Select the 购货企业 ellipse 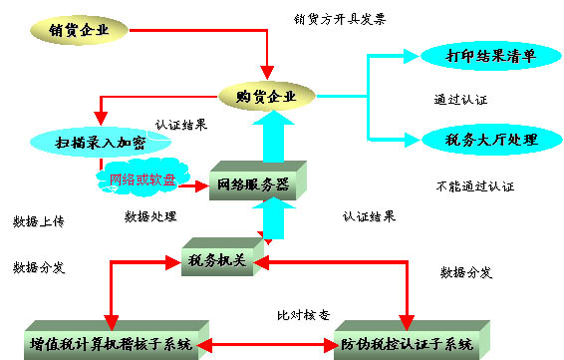click(x=264, y=96)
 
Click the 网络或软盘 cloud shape click(x=138, y=180)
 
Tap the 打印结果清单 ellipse click(x=477, y=55)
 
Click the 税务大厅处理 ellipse click(x=477, y=138)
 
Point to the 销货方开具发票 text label click(x=341, y=19)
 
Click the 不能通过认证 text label click(x=475, y=186)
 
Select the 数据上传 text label click(x=39, y=221)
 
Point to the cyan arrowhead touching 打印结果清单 click(x=413, y=56)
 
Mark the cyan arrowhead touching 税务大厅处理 click(x=411, y=138)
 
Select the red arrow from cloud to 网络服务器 click(x=195, y=184)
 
